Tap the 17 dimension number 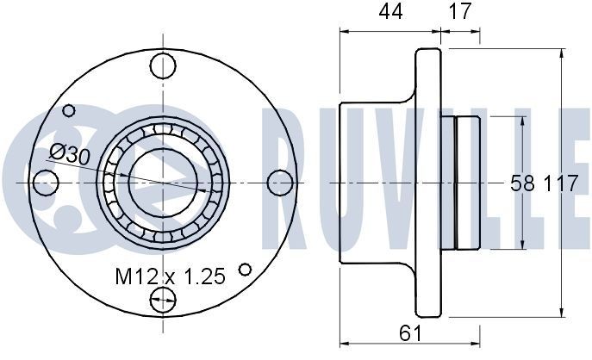pos(460,12)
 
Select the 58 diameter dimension pos(521,183)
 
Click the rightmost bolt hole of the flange pos(279,182)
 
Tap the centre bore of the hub pos(162,183)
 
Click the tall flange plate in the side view pos(428,183)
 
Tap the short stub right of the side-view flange pos(466,183)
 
